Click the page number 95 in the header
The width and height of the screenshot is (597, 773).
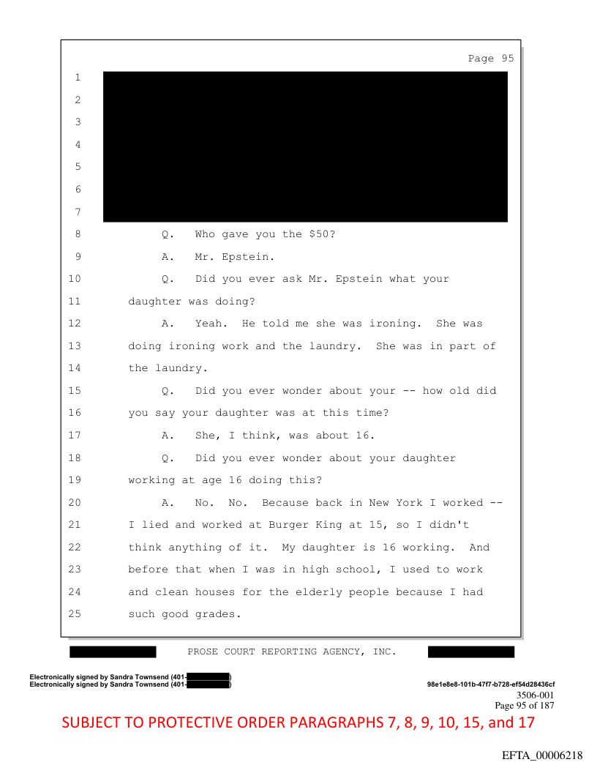(507, 59)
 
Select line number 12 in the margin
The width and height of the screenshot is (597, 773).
(77, 324)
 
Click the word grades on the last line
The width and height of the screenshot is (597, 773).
(215, 614)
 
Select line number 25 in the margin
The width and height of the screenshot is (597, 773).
(77, 614)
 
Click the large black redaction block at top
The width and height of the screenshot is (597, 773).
(305, 146)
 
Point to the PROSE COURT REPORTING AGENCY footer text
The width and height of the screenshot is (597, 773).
(292, 651)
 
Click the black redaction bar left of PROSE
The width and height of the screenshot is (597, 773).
(113, 651)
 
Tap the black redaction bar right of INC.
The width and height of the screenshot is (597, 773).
(470, 651)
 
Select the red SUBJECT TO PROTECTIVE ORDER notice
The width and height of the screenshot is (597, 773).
(298, 722)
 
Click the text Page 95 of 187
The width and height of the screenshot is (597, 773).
(524, 706)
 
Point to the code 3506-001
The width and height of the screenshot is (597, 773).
(535, 695)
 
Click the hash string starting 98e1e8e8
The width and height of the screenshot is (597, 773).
(490, 684)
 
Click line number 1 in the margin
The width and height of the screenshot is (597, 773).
(77, 78)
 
